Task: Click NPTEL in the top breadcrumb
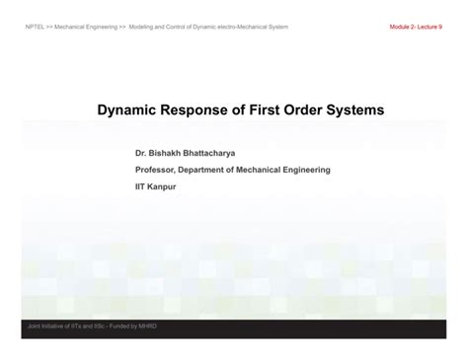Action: coord(35,27)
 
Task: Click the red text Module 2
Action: coord(407,27)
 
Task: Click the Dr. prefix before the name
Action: coord(141,154)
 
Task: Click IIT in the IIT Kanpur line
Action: coord(141,185)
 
